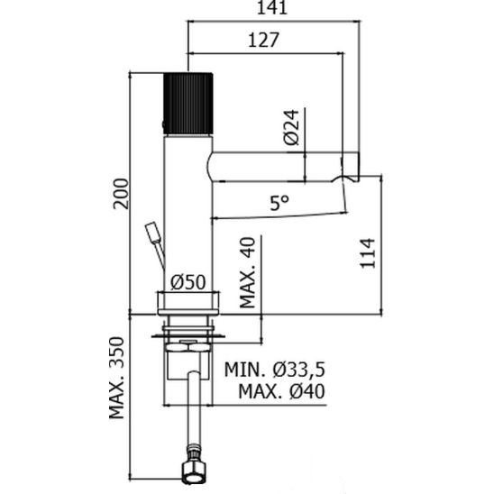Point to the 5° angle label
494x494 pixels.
[x=279, y=204]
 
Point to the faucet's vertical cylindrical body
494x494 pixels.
[x=188, y=216]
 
